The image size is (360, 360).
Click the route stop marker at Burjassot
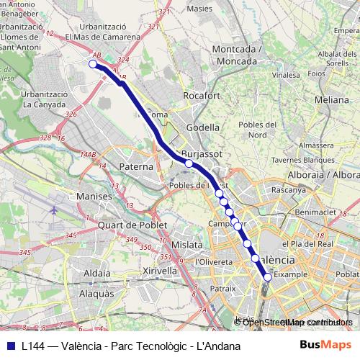tap(189, 163)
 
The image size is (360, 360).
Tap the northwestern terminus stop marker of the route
tap(92, 64)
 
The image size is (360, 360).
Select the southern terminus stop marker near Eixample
tap(268, 276)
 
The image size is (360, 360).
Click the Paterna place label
tap(136, 166)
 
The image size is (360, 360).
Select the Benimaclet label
tap(315, 212)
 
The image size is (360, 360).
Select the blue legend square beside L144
tap(10, 346)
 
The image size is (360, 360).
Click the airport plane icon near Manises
tap(55, 210)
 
